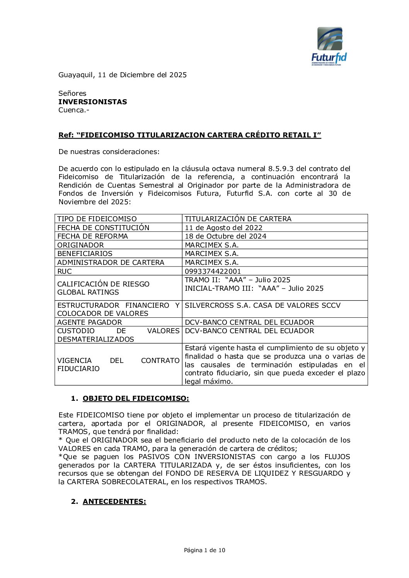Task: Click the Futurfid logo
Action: (x=329, y=46)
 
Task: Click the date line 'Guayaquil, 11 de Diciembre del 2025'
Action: (x=122, y=75)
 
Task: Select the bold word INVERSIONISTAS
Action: (x=92, y=102)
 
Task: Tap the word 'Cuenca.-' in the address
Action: (x=73, y=110)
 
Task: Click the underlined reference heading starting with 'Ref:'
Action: (x=189, y=135)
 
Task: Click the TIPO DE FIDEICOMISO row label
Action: (x=97, y=219)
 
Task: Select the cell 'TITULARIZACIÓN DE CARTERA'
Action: (x=238, y=219)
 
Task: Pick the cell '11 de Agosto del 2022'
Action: (x=223, y=228)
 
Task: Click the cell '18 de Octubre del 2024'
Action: (x=225, y=236)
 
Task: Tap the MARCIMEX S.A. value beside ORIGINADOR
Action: (x=211, y=245)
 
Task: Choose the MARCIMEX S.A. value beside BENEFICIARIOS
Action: (x=211, y=254)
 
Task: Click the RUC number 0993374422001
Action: (x=213, y=271)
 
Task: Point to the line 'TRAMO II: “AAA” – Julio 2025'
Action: (x=237, y=280)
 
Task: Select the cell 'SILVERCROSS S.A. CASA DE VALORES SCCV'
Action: (x=262, y=305)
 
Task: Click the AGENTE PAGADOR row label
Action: (x=89, y=322)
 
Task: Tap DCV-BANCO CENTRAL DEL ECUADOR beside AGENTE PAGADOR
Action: (x=249, y=322)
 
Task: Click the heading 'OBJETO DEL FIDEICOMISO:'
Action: (x=136, y=398)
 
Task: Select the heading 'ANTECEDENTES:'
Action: (x=114, y=502)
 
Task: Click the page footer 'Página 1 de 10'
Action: (x=205, y=550)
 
